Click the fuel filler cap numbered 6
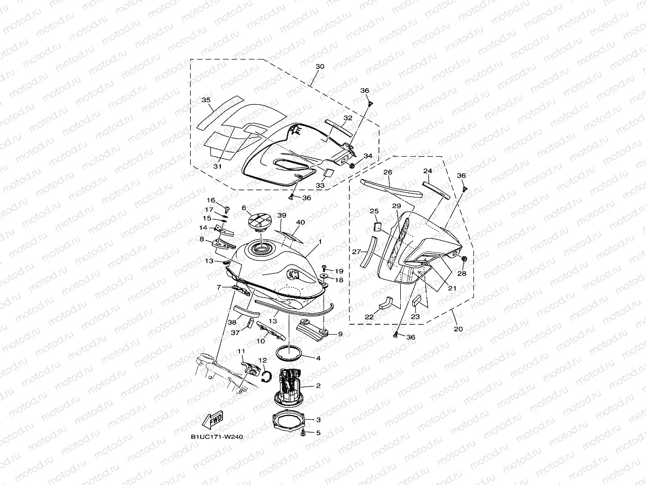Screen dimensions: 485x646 tap(258, 224)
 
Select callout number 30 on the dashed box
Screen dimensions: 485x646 tap(320, 67)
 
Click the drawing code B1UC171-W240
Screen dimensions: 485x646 tap(217, 437)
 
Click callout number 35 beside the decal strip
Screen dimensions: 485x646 tap(206, 100)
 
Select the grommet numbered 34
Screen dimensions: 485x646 tap(353, 166)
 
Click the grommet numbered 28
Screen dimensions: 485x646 tap(464, 259)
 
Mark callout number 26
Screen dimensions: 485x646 tap(387, 172)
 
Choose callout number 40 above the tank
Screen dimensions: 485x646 tap(300, 223)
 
